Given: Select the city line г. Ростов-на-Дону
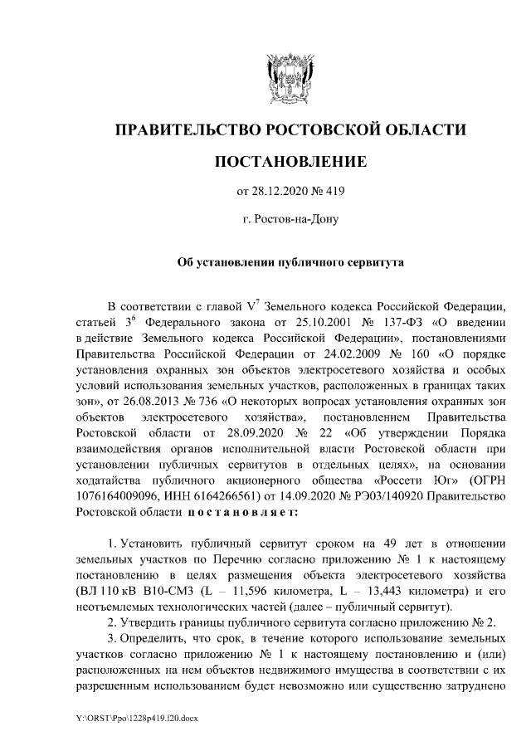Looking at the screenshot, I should pos(290,220).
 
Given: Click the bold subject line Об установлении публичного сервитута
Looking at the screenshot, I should pos(290,262).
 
